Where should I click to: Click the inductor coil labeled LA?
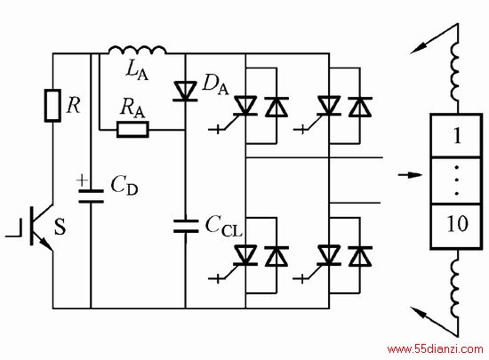tap(137, 50)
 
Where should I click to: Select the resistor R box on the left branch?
tap(52, 106)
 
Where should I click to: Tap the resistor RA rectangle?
tap(132, 130)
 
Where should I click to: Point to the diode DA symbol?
tap(185, 91)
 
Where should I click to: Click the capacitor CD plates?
tap(91, 196)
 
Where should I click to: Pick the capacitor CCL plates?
tap(186, 226)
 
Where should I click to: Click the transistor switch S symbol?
tap(37, 226)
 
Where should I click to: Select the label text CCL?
tap(223, 227)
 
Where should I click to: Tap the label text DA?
tap(215, 84)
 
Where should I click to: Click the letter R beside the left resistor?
tap(74, 106)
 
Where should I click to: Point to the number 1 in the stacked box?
tap(457, 136)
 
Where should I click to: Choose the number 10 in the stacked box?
tap(458, 223)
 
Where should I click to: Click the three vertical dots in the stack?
tap(457, 180)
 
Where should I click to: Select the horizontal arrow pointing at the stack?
tap(410, 174)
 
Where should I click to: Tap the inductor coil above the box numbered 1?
tap(455, 72)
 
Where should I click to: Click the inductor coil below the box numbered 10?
tap(455, 284)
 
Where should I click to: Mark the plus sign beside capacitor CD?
tap(82, 180)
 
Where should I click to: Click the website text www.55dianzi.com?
tap(435, 348)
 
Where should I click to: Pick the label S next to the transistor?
tap(60, 227)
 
